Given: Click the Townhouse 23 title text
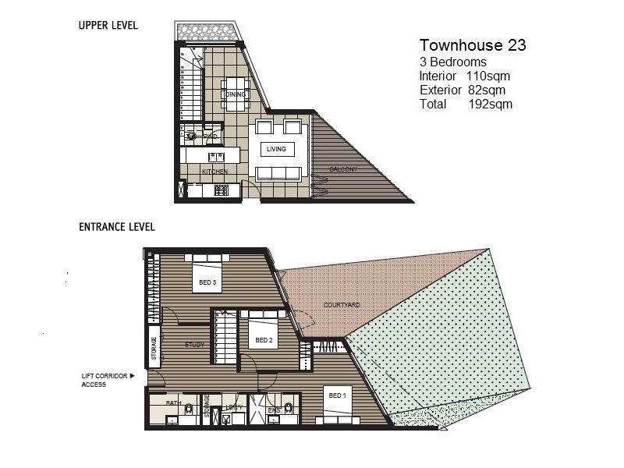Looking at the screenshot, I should pos(473,45).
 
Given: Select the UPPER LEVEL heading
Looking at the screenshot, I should pos(108,26).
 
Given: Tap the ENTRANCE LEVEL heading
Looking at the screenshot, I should pos(117,227).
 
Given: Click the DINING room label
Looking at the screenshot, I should pos(236,94).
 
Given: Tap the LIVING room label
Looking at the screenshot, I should pos(277,149).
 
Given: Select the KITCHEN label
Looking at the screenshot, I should pos(214,171).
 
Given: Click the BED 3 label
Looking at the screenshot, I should pos(207,282).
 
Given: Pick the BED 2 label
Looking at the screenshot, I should pos(264,340).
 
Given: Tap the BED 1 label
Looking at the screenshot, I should pos(336,395).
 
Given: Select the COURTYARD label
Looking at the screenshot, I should pos(341,305).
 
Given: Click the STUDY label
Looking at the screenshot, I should pos(194,344).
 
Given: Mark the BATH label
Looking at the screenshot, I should pos(173,402).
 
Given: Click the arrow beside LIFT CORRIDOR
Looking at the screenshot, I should pos(133,376).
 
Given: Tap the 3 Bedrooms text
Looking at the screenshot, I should pos(453,62).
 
